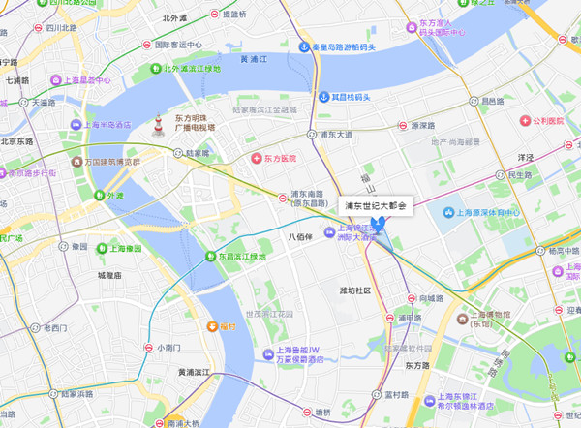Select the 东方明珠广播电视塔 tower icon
(157, 126)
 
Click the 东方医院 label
(275, 158)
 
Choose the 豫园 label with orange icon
(229, 327)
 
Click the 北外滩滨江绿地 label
(191, 69)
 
